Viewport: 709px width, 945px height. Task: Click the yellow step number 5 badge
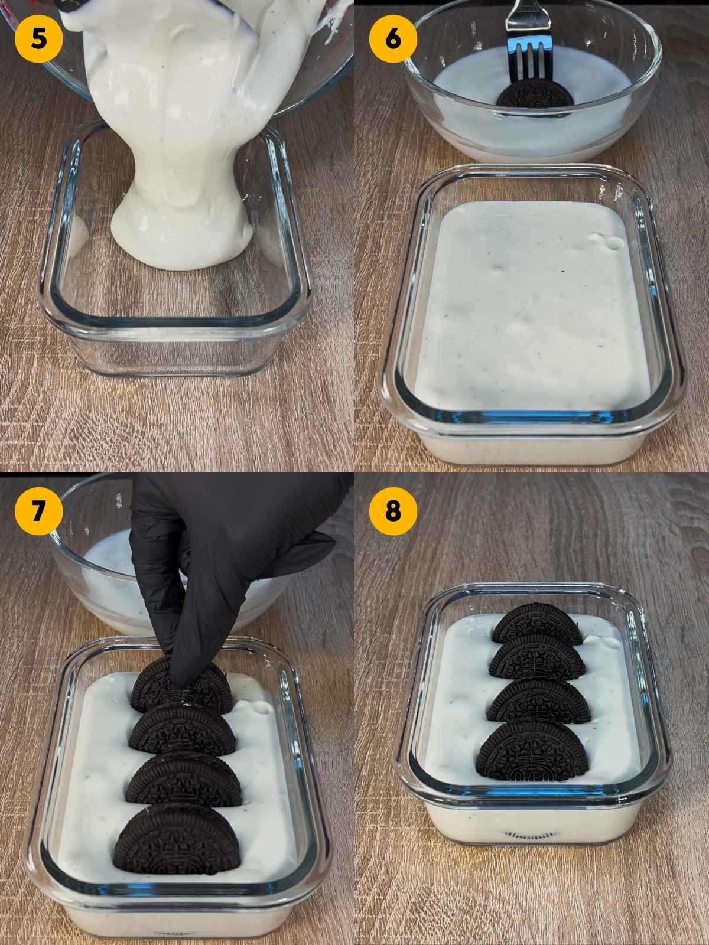(38, 39)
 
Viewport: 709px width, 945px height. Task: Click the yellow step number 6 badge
(393, 39)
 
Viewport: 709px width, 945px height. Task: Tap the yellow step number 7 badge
(38, 511)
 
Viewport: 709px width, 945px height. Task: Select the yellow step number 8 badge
(393, 511)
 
